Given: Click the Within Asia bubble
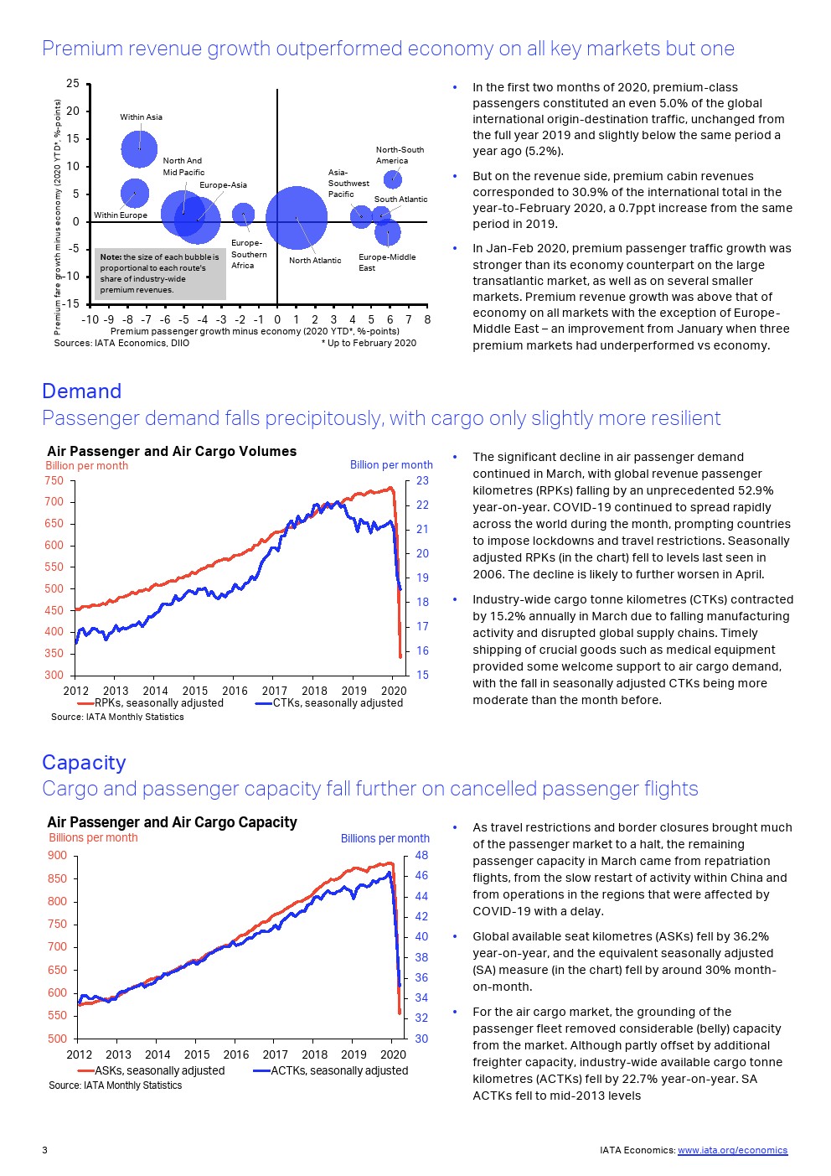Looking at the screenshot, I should click(x=139, y=149).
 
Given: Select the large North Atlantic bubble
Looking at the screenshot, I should click(x=297, y=218).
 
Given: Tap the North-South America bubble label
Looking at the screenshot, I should click(x=399, y=155).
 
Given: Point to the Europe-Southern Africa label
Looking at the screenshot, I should click(x=249, y=254).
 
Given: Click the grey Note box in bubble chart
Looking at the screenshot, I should click(x=160, y=273).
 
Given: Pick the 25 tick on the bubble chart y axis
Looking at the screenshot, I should click(x=73, y=83).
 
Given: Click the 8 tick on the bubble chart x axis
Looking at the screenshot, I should click(x=427, y=319).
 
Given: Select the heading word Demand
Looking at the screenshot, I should click(x=81, y=391).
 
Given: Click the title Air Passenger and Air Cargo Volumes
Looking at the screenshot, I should click(x=172, y=451).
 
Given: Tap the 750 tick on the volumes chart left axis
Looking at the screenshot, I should click(x=54, y=480).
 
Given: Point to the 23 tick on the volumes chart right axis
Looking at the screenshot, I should click(x=422, y=480).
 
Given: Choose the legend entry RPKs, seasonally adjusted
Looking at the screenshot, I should click(x=158, y=703).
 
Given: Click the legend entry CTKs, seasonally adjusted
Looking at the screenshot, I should click(x=337, y=703).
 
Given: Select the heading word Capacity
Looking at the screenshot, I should click(x=84, y=763).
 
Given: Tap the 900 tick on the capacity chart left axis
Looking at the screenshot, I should click(x=57, y=856).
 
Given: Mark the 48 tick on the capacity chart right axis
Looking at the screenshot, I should click(x=421, y=856).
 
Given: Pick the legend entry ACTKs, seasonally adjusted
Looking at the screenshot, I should click(x=338, y=1070).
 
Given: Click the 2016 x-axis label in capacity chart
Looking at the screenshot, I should click(x=236, y=1054).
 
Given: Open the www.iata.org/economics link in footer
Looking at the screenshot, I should click(x=732, y=1150).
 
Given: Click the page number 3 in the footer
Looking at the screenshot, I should click(x=44, y=1150).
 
